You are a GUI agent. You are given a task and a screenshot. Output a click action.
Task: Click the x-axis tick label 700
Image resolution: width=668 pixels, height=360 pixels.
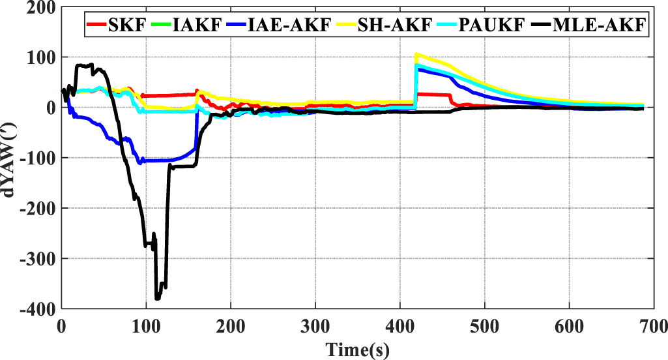coord(652,325)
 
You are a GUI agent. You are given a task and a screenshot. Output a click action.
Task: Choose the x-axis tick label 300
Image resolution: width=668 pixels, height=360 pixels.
coord(315,325)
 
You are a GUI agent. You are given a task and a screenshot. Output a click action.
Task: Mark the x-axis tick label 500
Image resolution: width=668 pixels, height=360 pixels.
coord(484,325)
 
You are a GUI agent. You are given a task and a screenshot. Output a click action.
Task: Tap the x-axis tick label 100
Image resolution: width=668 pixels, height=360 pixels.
coord(146,325)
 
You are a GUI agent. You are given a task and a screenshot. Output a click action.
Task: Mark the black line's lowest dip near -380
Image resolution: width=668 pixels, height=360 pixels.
coord(157,298)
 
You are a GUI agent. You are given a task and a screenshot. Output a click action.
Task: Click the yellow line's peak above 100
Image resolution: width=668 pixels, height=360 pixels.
coord(416,54)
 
